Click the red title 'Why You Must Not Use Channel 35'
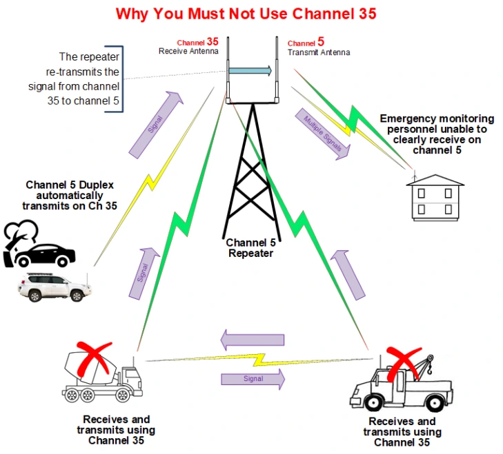(x=246, y=14)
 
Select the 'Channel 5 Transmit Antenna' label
(x=318, y=47)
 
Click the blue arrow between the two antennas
(x=250, y=70)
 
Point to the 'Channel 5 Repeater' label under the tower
(x=251, y=247)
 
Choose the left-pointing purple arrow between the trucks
(x=252, y=339)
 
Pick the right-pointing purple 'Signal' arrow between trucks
(x=253, y=378)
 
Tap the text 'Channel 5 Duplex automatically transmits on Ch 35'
(x=71, y=195)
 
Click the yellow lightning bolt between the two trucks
(x=257, y=359)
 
